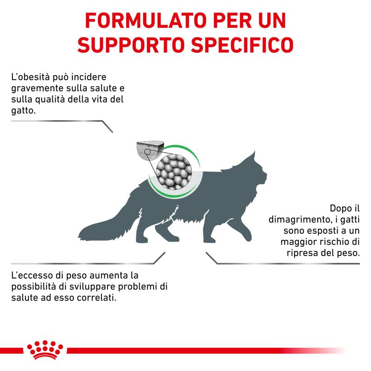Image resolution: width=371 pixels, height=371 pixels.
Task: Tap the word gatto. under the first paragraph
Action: [23, 111]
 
